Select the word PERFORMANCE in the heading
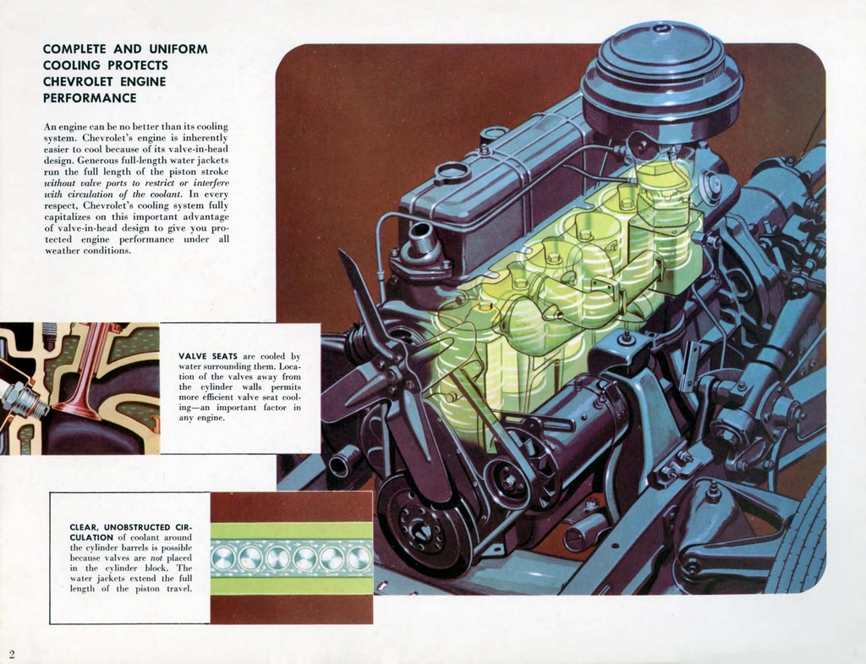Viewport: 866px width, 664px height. (x=90, y=98)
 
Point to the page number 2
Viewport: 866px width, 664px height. (x=12, y=654)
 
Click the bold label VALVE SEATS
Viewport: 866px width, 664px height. (x=208, y=356)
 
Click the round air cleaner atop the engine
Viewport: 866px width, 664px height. (x=660, y=76)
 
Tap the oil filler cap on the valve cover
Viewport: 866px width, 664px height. (x=452, y=173)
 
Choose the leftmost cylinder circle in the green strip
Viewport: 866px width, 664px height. (x=224, y=557)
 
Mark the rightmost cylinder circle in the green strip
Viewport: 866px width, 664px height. (x=359, y=557)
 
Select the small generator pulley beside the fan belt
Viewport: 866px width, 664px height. (x=508, y=481)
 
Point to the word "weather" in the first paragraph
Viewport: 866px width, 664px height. (x=62, y=250)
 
